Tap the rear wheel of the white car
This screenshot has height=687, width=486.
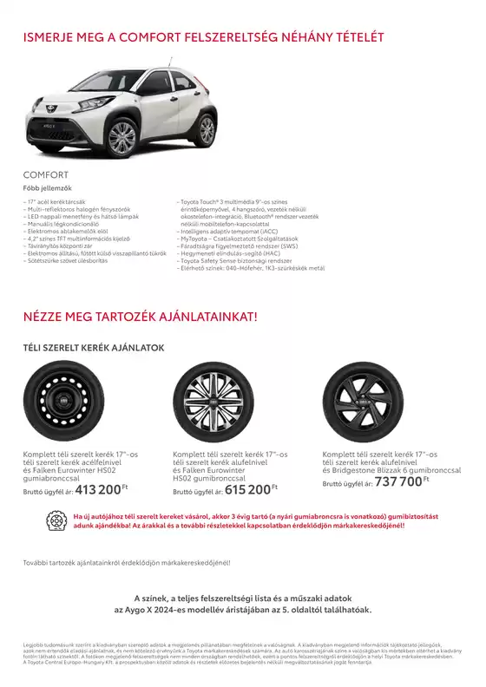pyautogui.click(x=207, y=130)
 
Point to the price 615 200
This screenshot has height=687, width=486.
pyautogui.click(x=247, y=489)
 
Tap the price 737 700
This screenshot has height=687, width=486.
pyautogui.click(x=398, y=481)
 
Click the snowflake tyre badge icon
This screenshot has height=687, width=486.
pyautogui.click(x=60, y=521)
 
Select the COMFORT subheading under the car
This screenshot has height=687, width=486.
pyautogui.click(x=45, y=174)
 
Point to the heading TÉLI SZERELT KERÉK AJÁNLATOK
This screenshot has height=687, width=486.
pyautogui.click(x=94, y=347)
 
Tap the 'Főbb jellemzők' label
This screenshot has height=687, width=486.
pyautogui.click(x=47, y=187)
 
